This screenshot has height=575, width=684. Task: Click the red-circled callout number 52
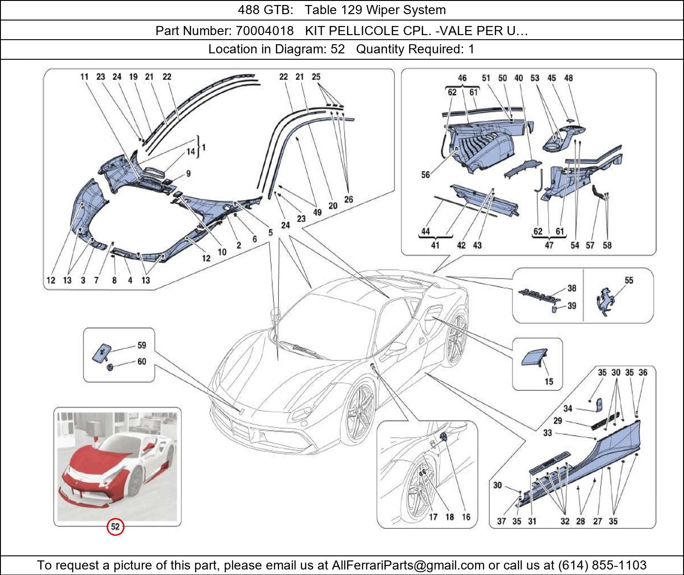tap(115, 527)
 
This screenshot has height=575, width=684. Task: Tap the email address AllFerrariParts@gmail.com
tap(408, 565)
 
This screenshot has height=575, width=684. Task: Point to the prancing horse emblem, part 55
tap(605, 301)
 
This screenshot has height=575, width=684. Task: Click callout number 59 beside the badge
tap(142, 346)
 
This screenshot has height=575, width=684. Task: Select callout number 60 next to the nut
tap(142, 362)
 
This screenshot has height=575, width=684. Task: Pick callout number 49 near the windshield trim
tap(317, 212)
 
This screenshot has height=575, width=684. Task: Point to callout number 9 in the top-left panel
tap(188, 173)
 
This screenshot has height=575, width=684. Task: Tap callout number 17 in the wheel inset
tap(433, 517)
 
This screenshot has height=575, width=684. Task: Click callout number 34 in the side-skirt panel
tap(568, 409)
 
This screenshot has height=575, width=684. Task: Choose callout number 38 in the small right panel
tap(571, 288)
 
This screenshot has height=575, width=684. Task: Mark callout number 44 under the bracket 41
tap(425, 232)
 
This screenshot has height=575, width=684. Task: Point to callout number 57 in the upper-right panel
tap(590, 245)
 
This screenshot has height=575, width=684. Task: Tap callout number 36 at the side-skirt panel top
tap(643, 373)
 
